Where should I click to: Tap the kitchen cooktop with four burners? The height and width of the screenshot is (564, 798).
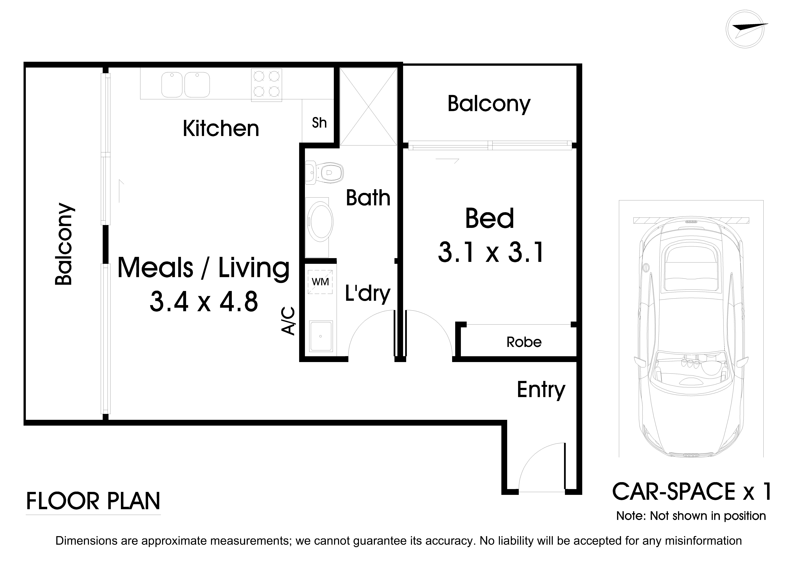click(267, 85)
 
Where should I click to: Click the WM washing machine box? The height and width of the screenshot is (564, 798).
click(320, 281)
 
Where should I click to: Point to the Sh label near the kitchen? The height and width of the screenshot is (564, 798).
click(319, 123)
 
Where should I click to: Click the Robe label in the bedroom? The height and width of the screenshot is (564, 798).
click(524, 342)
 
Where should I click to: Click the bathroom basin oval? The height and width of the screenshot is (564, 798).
click(320, 222)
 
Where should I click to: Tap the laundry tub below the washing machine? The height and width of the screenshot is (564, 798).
click(320, 336)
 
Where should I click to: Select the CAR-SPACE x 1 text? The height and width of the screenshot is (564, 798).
click(692, 492)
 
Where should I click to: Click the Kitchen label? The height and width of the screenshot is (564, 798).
click(221, 129)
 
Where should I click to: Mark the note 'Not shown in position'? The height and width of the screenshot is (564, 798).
click(691, 516)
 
